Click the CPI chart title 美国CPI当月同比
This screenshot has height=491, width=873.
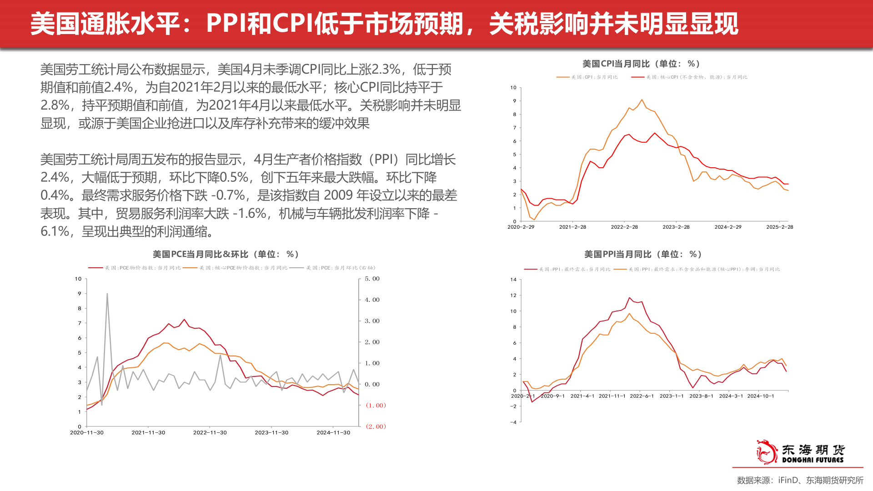(x=641, y=64)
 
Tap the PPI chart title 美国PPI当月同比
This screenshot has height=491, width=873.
(x=642, y=254)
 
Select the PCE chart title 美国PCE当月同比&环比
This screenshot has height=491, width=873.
(x=226, y=254)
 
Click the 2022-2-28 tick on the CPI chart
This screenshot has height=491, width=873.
(x=624, y=227)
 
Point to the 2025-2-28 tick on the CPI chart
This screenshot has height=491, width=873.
(x=779, y=227)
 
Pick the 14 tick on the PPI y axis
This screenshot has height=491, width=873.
(x=513, y=280)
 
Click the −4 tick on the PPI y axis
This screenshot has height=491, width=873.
(x=513, y=422)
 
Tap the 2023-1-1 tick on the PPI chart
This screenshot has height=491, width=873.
(x=672, y=396)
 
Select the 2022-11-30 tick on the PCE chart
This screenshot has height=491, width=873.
(x=210, y=432)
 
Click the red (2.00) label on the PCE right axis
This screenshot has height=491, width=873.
(x=376, y=426)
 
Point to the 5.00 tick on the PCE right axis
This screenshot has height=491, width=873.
(x=372, y=279)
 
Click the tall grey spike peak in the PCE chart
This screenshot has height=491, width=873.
(x=107, y=294)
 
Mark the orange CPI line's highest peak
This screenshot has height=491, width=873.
(x=642, y=100)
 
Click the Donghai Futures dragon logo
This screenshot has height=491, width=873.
(x=767, y=451)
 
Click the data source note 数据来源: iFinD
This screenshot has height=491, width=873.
(x=800, y=480)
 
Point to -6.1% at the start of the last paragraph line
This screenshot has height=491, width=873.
(x=55, y=231)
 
